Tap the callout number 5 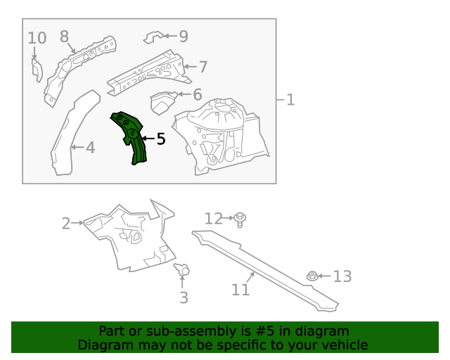[x=160, y=139]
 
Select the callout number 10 [x=37, y=38]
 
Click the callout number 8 [x=64, y=37]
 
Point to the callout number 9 [x=183, y=36]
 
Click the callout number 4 [x=90, y=148]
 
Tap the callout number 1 [x=290, y=100]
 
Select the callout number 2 [x=66, y=224]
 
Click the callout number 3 [x=184, y=297]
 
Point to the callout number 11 [x=240, y=289]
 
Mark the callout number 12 [x=213, y=219]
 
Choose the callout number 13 [x=342, y=276]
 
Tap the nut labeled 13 [x=311, y=277]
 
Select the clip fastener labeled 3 [x=184, y=270]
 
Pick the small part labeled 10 [x=36, y=69]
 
